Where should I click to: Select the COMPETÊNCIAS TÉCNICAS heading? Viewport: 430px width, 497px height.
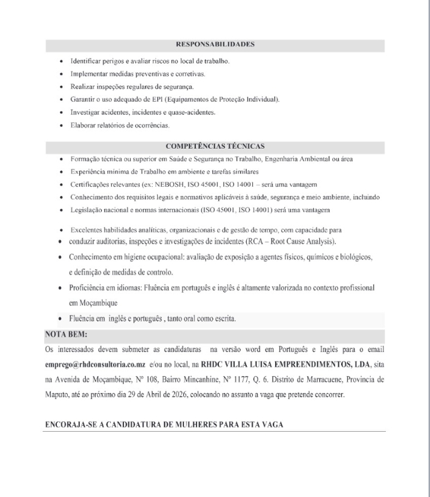(215, 146)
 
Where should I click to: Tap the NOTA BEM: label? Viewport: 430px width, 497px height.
(66, 334)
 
